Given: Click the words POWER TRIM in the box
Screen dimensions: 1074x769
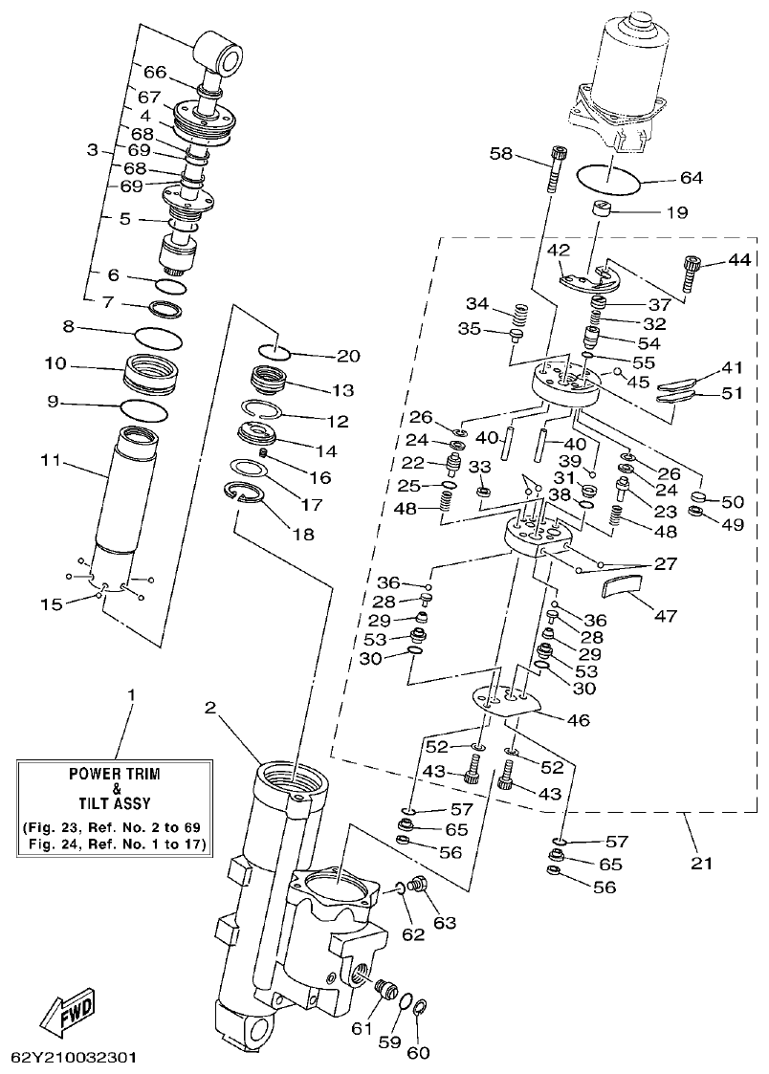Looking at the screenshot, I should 115,772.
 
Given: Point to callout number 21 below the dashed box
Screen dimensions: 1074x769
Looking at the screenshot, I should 701,864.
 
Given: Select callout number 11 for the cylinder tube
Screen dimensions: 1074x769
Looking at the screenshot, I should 51,461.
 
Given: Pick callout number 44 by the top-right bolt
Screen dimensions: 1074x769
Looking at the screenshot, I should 738,260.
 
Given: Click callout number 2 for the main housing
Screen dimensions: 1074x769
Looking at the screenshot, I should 211,708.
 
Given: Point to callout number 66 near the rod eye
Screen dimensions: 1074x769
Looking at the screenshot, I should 155,70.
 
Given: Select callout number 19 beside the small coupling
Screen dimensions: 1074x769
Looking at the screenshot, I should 675,213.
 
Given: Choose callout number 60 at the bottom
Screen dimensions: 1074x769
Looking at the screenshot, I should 418,1053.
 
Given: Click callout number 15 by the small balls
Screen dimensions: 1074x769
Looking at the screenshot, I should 51,604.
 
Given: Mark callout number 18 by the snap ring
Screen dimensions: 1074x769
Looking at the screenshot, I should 303,535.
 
